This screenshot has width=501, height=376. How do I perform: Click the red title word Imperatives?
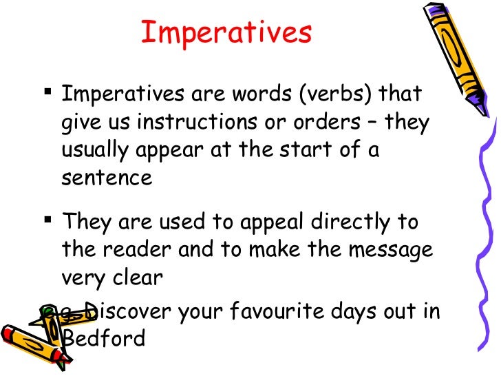click(226, 32)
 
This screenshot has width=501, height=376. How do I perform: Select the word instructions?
click(202, 123)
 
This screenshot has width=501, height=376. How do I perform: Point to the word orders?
click(335, 123)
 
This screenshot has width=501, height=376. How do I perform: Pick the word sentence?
click(106, 178)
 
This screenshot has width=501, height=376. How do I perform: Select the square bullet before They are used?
click(47, 219)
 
